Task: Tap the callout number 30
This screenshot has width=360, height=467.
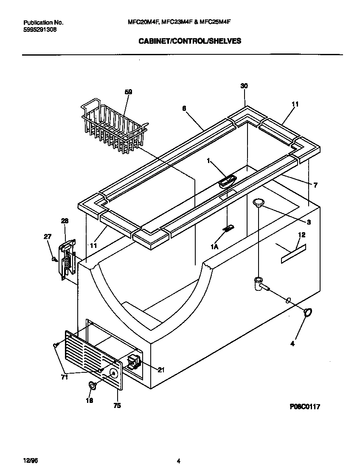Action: click(244, 86)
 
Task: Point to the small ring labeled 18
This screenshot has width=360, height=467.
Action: click(91, 385)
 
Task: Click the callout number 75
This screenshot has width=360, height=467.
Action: click(117, 406)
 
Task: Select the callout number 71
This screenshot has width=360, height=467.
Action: click(64, 377)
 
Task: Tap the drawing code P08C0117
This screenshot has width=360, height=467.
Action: click(304, 406)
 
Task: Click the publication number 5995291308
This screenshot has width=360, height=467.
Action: click(39, 30)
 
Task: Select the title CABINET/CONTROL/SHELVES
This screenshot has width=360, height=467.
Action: click(189, 41)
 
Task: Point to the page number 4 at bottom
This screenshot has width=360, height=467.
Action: click(179, 461)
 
